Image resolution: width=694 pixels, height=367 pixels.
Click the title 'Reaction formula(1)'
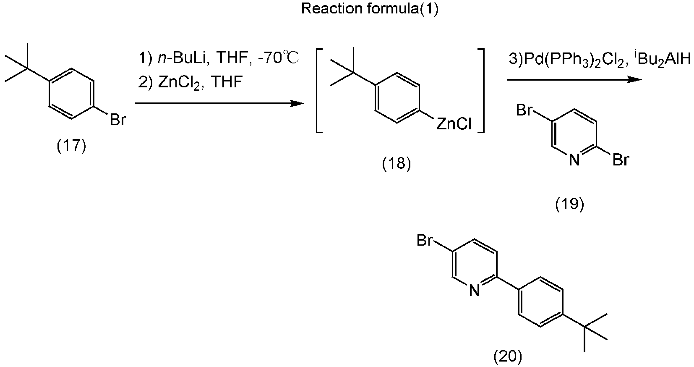[370, 9]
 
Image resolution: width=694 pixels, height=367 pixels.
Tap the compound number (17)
[71, 146]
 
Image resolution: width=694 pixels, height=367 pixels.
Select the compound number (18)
[396, 163]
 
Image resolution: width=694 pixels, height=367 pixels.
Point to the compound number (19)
[569, 204]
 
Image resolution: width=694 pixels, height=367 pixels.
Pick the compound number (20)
[507, 356]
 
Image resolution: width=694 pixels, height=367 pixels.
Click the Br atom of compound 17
[118, 120]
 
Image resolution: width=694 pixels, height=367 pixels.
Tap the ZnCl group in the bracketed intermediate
[454, 124]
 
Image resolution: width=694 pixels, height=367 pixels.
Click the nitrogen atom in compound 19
[574, 160]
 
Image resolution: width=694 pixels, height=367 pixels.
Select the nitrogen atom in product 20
[474, 291]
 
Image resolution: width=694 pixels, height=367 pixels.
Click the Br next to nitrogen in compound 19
[621, 160]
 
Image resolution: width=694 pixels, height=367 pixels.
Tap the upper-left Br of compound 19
[524, 110]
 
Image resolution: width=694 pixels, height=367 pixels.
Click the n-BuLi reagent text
[182, 58]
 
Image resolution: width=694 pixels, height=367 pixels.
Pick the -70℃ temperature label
[278, 58]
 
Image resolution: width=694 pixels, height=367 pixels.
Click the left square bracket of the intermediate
[318, 91]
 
